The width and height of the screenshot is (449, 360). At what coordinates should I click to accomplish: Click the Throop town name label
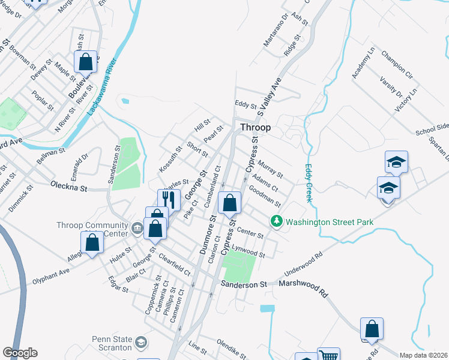click(255, 127)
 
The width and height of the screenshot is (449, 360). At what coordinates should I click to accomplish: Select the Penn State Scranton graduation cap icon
click(140, 343)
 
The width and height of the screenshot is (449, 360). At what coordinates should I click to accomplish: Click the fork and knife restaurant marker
click(169, 199)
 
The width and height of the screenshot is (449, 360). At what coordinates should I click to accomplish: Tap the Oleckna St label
click(69, 187)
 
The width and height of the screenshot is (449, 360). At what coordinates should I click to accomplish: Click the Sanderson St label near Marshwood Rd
click(243, 284)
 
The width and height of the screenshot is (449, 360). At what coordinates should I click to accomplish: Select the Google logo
click(20, 353)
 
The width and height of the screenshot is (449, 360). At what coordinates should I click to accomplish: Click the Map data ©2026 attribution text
click(423, 355)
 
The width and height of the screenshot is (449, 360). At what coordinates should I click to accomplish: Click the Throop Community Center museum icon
click(137, 227)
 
